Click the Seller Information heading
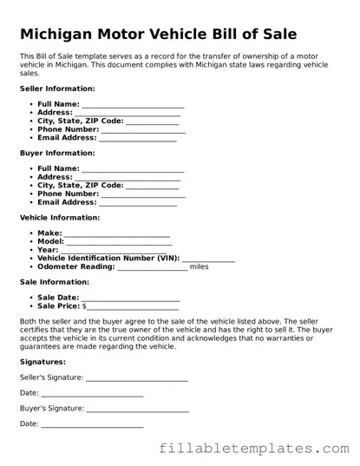click(57, 89)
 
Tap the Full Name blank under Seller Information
click(132, 105)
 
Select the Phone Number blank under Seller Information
click(143, 129)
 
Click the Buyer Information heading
click(56, 153)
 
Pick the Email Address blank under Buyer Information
click(138, 203)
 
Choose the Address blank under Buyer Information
click(128, 178)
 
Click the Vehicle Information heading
click(59, 217)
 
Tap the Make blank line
click(117, 234)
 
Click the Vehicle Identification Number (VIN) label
click(108, 259)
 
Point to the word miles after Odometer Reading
click(200, 266)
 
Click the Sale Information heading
click(54, 282)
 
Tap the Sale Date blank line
click(131, 299)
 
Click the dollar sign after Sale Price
click(84, 306)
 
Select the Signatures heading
click(43, 361)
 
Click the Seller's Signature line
click(137, 378)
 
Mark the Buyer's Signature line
click(138, 409)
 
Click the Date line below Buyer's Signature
click(92, 424)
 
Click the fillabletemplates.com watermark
click(254, 449)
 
